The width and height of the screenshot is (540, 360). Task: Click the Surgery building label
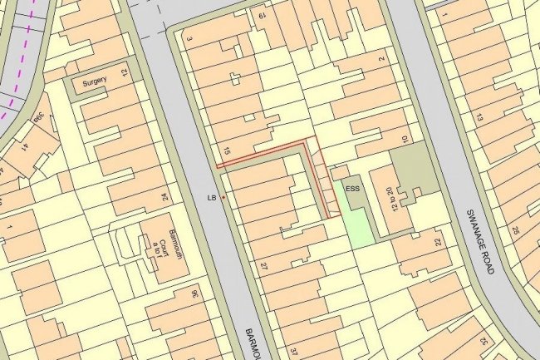click(91, 83)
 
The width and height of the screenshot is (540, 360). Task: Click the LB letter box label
click(212, 198)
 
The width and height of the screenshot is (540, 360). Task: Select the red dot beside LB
click(223, 197)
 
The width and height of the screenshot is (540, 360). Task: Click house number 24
click(164, 197)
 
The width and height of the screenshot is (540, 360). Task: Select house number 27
click(263, 267)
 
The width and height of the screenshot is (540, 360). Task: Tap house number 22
click(437, 242)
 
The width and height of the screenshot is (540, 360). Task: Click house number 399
click(38, 119)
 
